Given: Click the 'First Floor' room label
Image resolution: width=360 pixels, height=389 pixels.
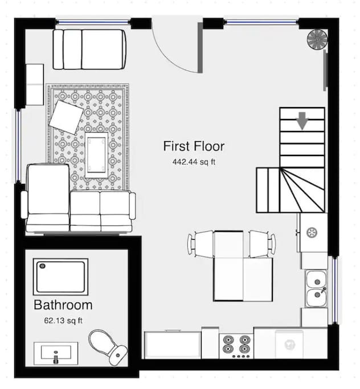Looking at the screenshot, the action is [194, 146].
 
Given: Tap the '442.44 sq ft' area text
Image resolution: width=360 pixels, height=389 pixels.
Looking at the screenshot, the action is [194, 162].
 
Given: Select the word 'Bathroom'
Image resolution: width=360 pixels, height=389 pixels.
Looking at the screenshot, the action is [63, 305].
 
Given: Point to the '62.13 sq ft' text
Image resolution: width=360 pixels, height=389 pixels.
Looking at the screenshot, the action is [63, 321].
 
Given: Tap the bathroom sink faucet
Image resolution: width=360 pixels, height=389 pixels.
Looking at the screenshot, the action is [56, 358].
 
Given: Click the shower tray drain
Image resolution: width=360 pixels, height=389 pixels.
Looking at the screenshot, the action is [42, 266].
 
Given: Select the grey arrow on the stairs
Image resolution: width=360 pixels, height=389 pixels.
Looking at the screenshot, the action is [302, 121].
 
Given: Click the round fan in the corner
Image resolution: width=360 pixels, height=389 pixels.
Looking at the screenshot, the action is [317, 40].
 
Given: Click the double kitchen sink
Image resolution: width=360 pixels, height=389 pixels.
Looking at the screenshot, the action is [317, 289].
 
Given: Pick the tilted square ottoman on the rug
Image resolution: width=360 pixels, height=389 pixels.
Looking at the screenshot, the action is [66, 117].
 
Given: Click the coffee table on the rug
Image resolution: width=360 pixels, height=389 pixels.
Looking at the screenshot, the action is [96, 155].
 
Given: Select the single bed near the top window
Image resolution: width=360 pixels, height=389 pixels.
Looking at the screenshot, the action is [89, 49].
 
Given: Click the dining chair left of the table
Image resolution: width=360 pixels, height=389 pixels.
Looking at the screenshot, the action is [201, 244].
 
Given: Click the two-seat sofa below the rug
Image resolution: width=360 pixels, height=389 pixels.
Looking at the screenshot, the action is [103, 211].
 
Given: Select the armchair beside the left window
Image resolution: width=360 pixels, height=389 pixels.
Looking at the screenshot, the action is [47, 198].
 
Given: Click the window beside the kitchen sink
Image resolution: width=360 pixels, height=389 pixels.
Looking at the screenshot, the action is [335, 290].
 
